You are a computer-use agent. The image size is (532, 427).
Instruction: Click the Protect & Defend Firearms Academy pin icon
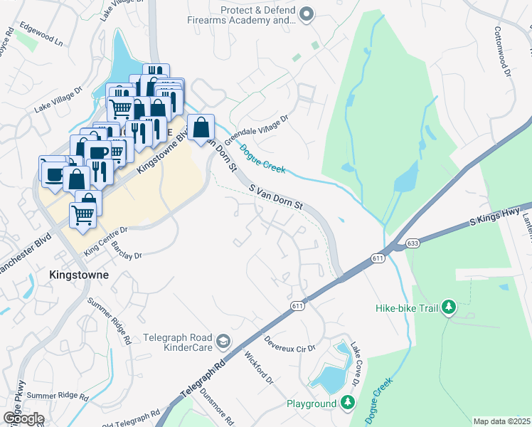[307, 14]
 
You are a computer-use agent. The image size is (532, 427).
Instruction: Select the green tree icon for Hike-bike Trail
[449, 307]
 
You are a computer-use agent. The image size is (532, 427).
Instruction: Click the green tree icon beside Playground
[347, 404]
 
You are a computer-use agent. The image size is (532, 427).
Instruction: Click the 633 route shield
[413, 243]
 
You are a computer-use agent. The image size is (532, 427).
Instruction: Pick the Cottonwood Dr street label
[502, 53]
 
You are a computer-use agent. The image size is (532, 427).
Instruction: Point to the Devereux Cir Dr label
[289, 349]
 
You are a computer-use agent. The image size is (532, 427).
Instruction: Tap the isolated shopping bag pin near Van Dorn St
[202, 128]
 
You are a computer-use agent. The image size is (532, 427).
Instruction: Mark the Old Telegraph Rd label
[130, 419]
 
